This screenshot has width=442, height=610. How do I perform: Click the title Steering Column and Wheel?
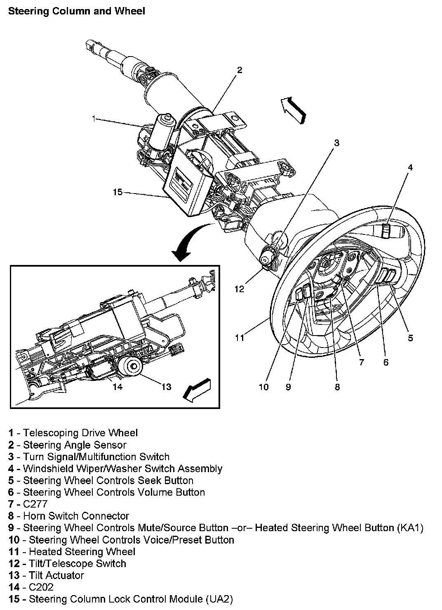[77, 11]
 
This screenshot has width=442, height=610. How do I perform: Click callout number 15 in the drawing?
[118, 192]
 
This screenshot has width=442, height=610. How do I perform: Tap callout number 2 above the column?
[239, 70]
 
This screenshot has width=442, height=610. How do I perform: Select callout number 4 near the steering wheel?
[410, 167]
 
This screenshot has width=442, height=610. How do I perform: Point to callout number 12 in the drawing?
[239, 289]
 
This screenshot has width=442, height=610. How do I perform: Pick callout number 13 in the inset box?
[166, 387]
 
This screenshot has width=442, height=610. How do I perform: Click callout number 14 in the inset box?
[118, 387]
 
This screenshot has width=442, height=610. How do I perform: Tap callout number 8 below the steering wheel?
[337, 387]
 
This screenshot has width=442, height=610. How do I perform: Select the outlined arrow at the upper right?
[294, 109]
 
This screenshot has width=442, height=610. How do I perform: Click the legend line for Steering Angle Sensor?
[67, 445]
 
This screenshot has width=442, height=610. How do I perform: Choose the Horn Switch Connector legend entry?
[68, 516]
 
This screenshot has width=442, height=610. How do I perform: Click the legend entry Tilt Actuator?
[46, 575]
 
